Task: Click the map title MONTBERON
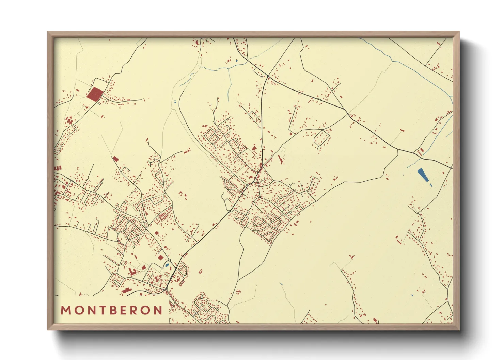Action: click(112, 310)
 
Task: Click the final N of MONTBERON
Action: click(158, 310)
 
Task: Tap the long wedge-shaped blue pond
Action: click(423, 175)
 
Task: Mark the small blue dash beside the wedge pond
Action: click(431, 185)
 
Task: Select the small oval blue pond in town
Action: click(167, 265)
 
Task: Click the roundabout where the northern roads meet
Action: click(268, 76)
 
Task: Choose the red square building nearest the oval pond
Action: click(160, 258)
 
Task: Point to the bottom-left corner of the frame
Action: click(48, 329)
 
